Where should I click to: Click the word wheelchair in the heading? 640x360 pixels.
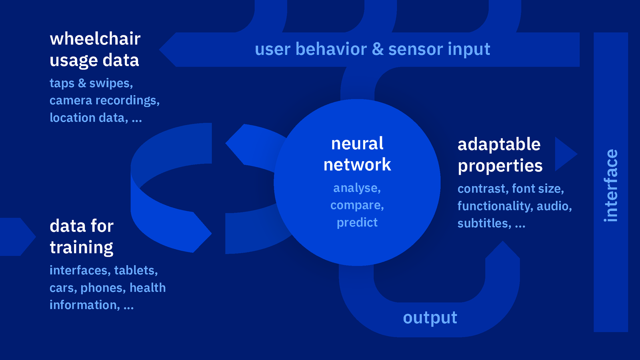(x=95, y=39)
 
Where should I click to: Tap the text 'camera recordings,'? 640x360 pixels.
(x=104, y=100)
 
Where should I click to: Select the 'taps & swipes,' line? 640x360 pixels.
(x=91, y=83)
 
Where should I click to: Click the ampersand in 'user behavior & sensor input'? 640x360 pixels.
(x=378, y=50)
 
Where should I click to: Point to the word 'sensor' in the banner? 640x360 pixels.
(x=415, y=50)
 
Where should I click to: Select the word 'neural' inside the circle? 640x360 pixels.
(x=357, y=144)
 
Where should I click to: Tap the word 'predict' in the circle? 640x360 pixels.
(x=357, y=222)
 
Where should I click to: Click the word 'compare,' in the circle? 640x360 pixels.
(x=357, y=205)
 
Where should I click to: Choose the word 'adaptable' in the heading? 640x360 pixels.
(x=499, y=144)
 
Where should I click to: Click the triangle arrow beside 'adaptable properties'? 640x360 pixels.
(x=564, y=154)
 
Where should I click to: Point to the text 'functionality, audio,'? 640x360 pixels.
(x=514, y=206)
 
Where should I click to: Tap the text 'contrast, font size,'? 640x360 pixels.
(x=510, y=188)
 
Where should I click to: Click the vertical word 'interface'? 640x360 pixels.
(x=611, y=185)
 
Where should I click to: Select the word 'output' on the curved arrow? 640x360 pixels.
(x=430, y=318)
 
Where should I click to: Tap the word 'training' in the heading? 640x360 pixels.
(x=82, y=248)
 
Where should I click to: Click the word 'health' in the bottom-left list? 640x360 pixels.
(x=148, y=288)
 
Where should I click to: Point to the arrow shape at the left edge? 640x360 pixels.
(x=16, y=237)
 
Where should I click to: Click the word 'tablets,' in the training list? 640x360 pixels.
(x=136, y=270)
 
